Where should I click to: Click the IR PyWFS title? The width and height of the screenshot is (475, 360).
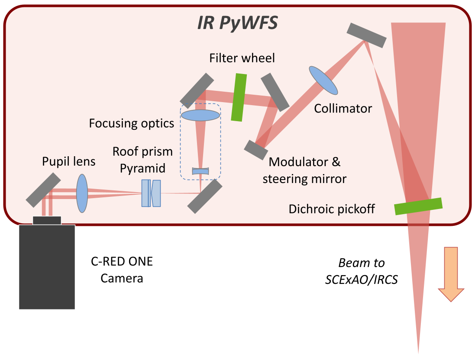pyautogui.click(x=237, y=22)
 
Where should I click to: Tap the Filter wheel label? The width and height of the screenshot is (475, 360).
pyautogui.click(x=242, y=58)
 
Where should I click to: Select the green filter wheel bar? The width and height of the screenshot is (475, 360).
pyautogui.click(x=239, y=97)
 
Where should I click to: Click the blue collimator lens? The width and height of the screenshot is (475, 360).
pyautogui.click(x=323, y=80)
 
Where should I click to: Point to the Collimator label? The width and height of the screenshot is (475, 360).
pyautogui.click(x=343, y=108)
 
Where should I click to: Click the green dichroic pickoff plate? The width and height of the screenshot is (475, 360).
pyautogui.click(x=418, y=206)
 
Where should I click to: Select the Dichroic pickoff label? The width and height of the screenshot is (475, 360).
pyautogui.click(x=332, y=209)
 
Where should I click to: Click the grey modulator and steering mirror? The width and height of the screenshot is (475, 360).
pyautogui.click(x=256, y=149)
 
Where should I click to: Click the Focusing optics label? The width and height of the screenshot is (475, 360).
pyautogui.click(x=132, y=123)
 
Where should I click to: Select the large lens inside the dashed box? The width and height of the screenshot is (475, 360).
pyautogui.click(x=200, y=115)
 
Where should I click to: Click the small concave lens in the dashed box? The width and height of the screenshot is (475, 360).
pyautogui.click(x=200, y=171)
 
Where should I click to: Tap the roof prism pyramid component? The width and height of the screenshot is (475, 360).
pyautogui.click(x=151, y=193)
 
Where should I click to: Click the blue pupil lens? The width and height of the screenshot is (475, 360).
pyautogui.click(x=82, y=193)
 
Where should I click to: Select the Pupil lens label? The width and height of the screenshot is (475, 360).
pyautogui.click(x=68, y=162)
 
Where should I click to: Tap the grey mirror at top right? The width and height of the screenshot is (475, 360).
pyautogui.click(x=366, y=35)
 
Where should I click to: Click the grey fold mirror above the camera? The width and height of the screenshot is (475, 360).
pyautogui.click(x=43, y=190)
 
